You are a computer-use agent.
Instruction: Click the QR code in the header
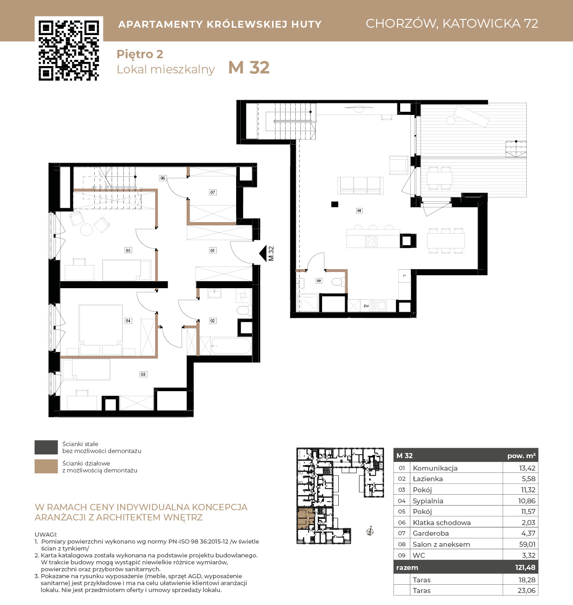tap(69, 50)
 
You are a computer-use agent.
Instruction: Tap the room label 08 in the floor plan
tap(359, 211)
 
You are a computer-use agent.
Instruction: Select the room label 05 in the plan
tap(128, 250)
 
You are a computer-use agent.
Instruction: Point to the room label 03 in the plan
tap(143, 374)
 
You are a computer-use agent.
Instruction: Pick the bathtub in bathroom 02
tap(231, 346)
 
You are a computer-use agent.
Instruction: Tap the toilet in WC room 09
tap(339, 281)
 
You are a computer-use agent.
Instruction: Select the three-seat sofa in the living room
tap(360, 186)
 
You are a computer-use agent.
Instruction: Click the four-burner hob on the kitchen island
tap(371, 242)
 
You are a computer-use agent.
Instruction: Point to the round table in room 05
tap(86, 230)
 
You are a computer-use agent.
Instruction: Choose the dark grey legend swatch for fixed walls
tap(46, 447)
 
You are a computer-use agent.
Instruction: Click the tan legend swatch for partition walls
tap(46, 466)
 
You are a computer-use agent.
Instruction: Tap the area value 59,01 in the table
tap(527, 544)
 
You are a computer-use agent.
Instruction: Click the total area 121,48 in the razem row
tap(525, 567)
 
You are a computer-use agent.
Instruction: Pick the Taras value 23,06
tap(526, 591)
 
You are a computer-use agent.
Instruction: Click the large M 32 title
tap(249, 67)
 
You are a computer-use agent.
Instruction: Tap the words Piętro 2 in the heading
tap(140, 54)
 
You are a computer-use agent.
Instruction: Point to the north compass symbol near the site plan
tap(370, 531)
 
